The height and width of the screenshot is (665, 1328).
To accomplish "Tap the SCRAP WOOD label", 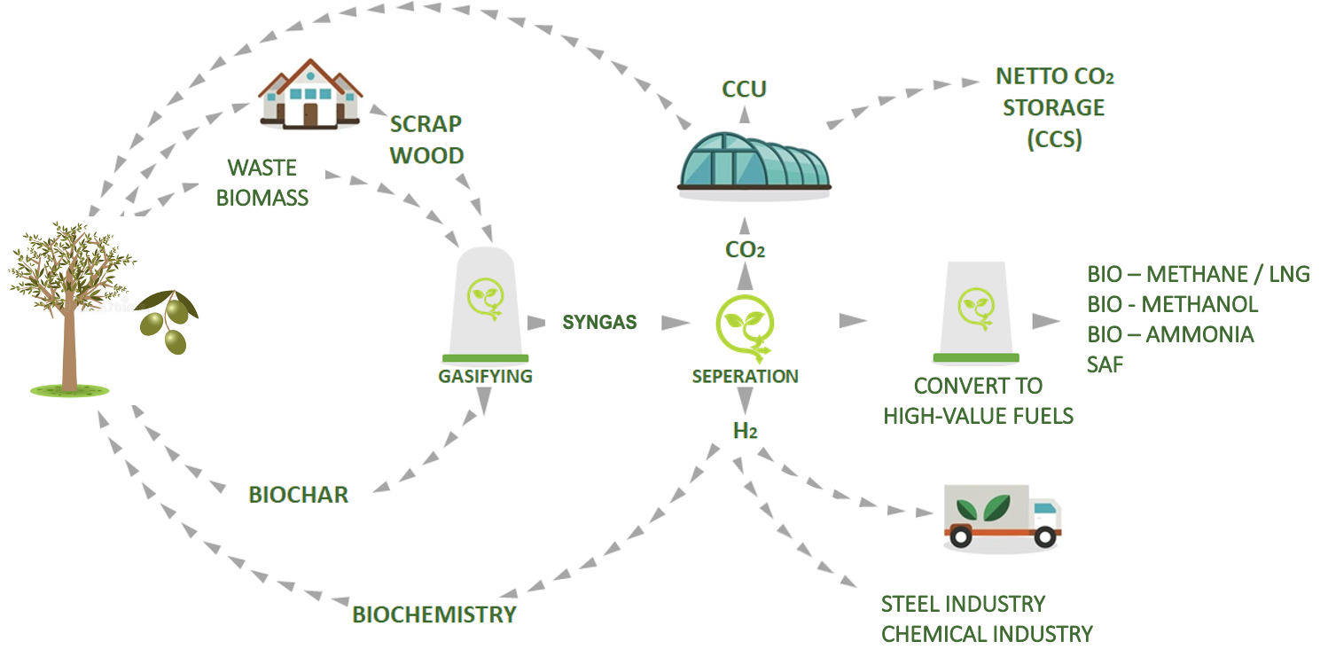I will tap(426, 139).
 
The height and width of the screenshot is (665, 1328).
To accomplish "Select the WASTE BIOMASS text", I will tap(262, 182).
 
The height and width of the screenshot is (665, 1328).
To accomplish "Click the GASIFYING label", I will tap(485, 376).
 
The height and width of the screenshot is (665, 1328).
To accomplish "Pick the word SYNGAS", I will tap(599, 322).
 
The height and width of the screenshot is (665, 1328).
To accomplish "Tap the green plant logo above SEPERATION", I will tap(745, 325).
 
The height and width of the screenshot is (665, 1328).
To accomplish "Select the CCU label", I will tap(744, 89).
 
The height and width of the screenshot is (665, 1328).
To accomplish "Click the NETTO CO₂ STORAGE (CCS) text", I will tap(1054, 107).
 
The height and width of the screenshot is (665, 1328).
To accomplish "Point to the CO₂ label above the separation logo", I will tap(745, 250).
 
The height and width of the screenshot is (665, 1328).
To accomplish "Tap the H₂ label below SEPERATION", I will tap(745, 431).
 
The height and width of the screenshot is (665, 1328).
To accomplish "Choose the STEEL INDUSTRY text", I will tap(963, 604).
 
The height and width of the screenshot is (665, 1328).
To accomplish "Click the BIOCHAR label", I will tap(299, 495).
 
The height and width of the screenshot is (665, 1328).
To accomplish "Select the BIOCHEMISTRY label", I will tap(434, 614).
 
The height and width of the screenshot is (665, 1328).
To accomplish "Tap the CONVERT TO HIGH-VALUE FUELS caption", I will tap(978, 400).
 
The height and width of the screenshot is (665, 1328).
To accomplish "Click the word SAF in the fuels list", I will tap(1105, 364).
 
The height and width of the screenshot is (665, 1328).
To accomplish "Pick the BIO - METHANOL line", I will tap(1172, 304).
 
